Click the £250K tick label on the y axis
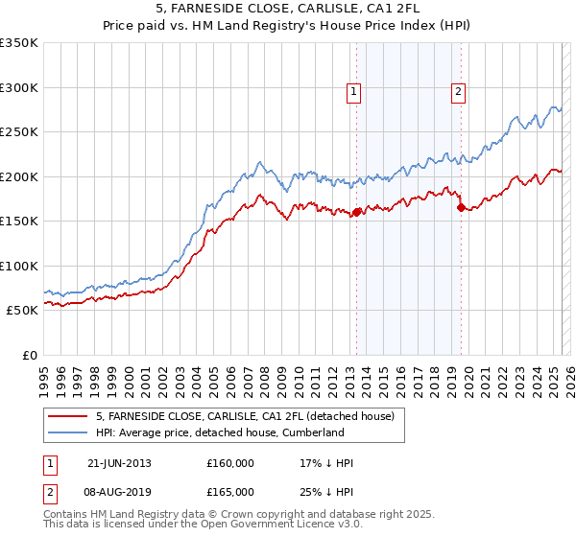[18, 132]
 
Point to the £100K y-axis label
[18, 267]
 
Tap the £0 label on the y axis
[28, 356]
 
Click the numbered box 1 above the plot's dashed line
[354, 92]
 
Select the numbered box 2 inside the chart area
[458, 92]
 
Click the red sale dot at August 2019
[461, 207]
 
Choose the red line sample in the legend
[68, 416]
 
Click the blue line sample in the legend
[68, 432]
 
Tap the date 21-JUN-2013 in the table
[119, 464]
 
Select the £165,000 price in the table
[230, 491]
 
